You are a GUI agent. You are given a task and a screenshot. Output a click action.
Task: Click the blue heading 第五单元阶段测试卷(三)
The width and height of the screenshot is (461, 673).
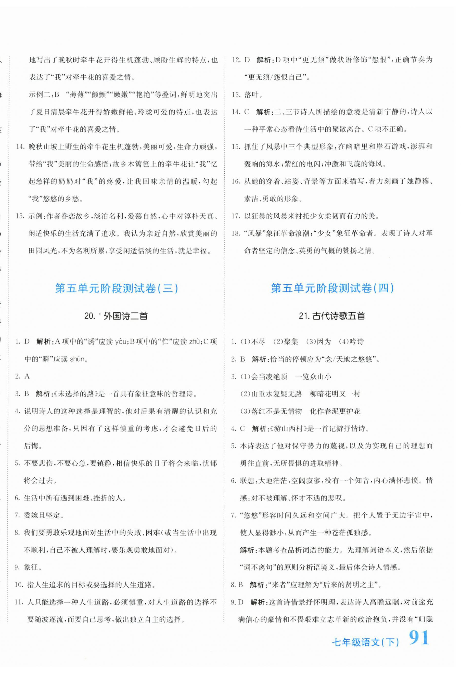click(x=117, y=288)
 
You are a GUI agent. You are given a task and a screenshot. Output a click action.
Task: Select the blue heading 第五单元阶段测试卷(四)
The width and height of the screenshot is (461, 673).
click(x=332, y=288)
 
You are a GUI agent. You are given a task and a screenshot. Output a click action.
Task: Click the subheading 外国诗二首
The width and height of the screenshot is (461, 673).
click(x=125, y=316)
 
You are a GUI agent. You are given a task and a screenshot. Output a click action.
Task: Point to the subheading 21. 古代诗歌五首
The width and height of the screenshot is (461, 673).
click(x=332, y=316)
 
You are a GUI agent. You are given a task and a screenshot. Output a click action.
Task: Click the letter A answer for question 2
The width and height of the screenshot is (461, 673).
click(x=27, y=376)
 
